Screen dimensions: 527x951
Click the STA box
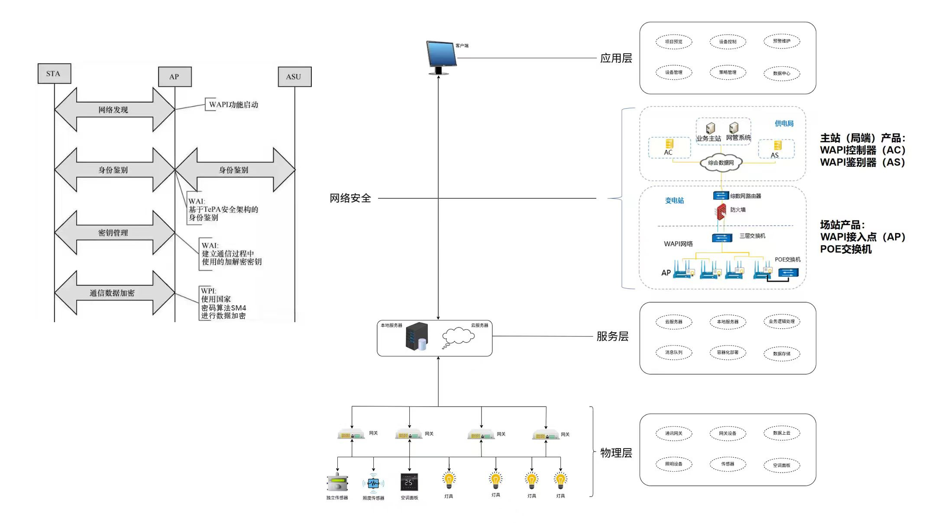(x=54, y=74)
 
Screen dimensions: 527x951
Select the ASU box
(x=294, y=77)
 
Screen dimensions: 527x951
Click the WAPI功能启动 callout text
(x=233, y=105)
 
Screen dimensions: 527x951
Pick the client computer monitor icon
(x=441, y=57)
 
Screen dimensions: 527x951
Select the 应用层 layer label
(x=616, y=58)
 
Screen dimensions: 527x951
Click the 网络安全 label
(x=350, y=198)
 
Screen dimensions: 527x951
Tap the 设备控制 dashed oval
(x=728, y=42)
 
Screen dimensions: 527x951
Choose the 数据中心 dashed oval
(x=782, y=73)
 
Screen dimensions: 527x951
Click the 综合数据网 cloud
(x=721, y=163)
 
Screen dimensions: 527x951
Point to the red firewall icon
(x=721, y=212)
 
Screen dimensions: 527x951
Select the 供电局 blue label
(x=784, y=123)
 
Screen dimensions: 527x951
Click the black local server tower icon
(x=417, y=336)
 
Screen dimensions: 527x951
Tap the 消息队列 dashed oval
(x=673, y=352)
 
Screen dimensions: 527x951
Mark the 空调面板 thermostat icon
(x=409, y=482)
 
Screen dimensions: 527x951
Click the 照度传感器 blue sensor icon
(x=373, y=483)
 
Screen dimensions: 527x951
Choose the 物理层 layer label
(x=616, y=453)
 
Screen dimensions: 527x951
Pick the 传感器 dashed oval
(x=728, y=464)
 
